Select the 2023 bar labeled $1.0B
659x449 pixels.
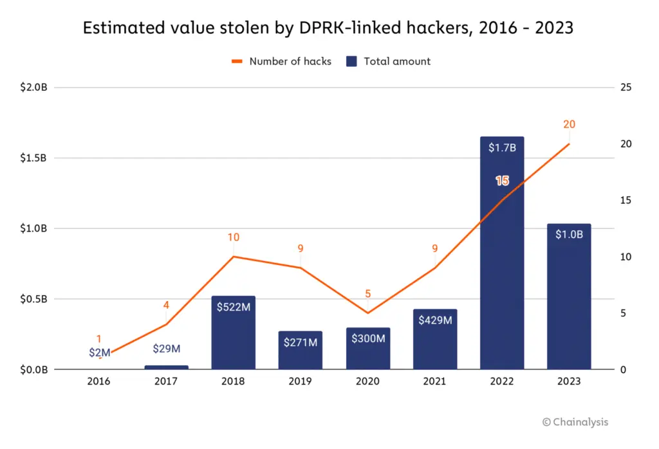[x=569, y=302]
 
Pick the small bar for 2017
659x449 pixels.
[x=166, y=367]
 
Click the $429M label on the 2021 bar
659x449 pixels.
[x=435, y=320]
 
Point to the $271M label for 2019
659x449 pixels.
[x=301, y=342]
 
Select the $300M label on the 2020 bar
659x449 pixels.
[x=367, y=338]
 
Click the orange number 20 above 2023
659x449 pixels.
[x=569, y=124]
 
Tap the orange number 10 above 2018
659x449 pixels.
[x=233, y=237]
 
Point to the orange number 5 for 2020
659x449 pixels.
[x=368, y=294]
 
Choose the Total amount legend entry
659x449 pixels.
[x=389, y=62]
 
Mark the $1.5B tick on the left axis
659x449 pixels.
[x=33, y=158]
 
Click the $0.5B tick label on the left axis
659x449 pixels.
[x=33, y=299]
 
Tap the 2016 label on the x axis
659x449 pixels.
[x=98, y=381]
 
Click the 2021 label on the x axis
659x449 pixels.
[x=435, y=381]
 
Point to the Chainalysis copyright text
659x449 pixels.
[x=575, y=422]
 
